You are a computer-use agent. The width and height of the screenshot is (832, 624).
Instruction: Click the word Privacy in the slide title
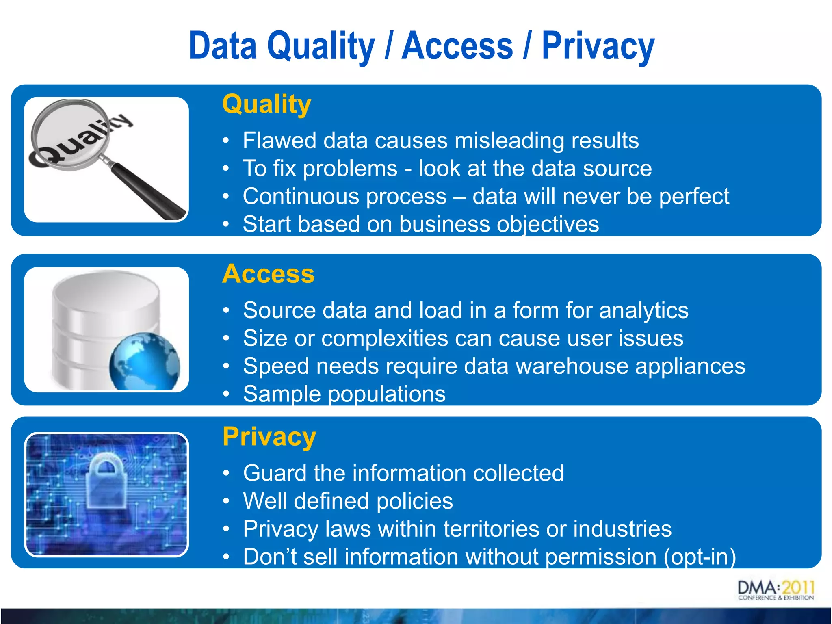[598, 47]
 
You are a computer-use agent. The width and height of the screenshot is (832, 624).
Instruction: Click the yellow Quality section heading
[266, 104]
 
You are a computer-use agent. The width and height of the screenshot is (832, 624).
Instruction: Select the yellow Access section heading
[268, 274]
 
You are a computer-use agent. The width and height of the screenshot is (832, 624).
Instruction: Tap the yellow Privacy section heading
[269, 437]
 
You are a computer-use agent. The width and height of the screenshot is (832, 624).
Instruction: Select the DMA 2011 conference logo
[776, 590]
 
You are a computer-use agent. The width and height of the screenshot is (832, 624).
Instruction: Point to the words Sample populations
[344, 394]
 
